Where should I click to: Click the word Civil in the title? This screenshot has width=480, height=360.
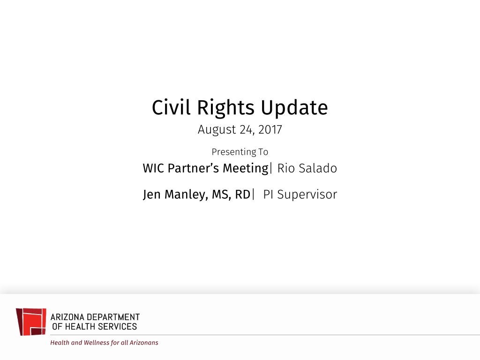pyautogui.click(x=171, y=107)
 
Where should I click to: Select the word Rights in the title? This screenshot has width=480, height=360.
pyautogui.click(x=225, y=109)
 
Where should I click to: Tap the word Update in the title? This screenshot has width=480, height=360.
pyautogui.click(x=294, y=109)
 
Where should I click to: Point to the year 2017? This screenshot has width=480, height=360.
pyautogui.click(x=270, y=129)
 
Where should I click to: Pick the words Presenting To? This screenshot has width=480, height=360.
pyautogui.click(x=240, y=152)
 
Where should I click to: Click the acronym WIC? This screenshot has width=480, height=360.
pyautogui.click(x=153, y=168)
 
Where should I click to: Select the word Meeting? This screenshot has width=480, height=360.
pyautogui.click(x=246, y=169)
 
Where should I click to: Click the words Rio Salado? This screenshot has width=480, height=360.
pyautogui.click(x=307, y=168)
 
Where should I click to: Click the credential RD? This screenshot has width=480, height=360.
pyautogui.click(x=243, y=195)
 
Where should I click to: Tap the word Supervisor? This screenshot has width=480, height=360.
pyautogui.click(x=307, y=195)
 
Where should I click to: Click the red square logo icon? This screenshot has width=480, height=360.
pyautogui.click(x=31, y=322)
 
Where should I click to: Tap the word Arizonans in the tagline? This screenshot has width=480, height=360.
pyautogui.click(x=144, y=343)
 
